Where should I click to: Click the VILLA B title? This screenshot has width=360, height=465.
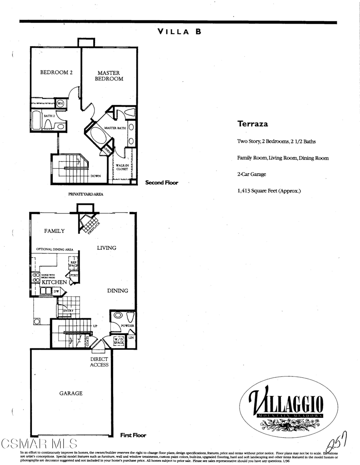[179, 32]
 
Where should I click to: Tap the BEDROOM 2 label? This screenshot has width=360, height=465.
[57, 72]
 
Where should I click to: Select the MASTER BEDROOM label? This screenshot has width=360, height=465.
[109, 76]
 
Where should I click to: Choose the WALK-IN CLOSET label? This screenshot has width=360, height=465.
[122, 167]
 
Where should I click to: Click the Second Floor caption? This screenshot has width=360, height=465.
[161, 183]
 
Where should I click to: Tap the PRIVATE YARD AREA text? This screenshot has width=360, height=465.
[86, 194]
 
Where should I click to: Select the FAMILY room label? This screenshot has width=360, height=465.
[54, 231]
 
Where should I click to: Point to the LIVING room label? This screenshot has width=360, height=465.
[106, 248]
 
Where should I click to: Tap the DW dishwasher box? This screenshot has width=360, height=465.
[56, 291]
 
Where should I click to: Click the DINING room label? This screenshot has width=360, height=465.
[117, 291]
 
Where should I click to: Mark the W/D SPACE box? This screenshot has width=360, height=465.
[119, 341]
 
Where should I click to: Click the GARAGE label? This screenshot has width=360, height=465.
[71, 393]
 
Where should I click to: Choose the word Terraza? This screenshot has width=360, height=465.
[252, 124]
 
